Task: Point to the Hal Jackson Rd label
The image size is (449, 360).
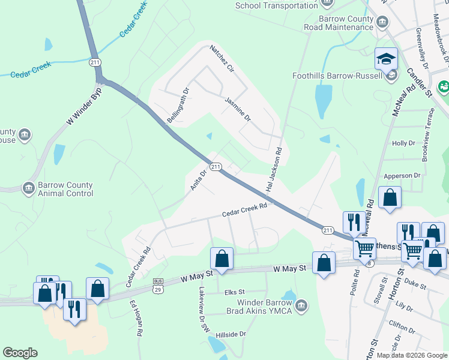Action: tap(273, 169)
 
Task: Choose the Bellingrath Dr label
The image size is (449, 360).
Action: tap(178, 106)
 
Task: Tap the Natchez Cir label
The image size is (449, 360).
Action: tap(221, 58)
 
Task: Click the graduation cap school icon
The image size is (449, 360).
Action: tap(387, 59)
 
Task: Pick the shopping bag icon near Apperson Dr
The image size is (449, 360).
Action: tap(390, 198)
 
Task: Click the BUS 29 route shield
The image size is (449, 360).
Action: tap(158, 284)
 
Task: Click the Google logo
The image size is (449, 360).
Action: tap(20, 353)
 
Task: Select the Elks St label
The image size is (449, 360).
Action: tap(232, 293)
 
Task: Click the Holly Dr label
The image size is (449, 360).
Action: tap(403, 143)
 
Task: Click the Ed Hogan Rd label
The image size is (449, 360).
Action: tap(136, 317)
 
